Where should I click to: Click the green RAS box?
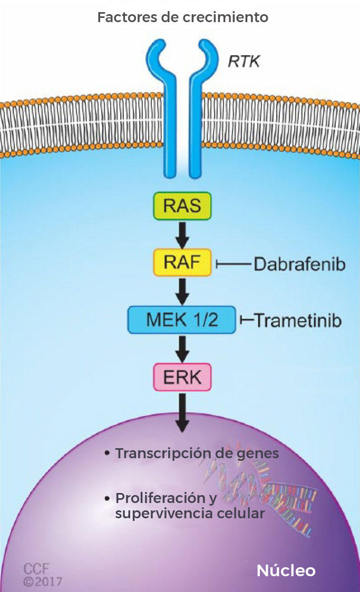click(x=182, y=206)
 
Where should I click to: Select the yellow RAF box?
click(x=182, y=262)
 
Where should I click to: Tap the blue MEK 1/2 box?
click(x=182, y=319)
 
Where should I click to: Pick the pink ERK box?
click(x=182, y=377)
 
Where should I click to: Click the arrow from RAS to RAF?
click(x=182, y=235)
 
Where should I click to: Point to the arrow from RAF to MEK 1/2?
click(x=182, y=291)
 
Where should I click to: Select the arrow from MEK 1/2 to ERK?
click(x=182, y=348)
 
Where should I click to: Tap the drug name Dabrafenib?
click(x=299, y=263)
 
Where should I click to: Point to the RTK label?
click(x=244, y=62)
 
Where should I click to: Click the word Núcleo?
click(x=286, y=570)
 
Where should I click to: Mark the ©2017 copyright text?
click(x=43, y=581)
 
